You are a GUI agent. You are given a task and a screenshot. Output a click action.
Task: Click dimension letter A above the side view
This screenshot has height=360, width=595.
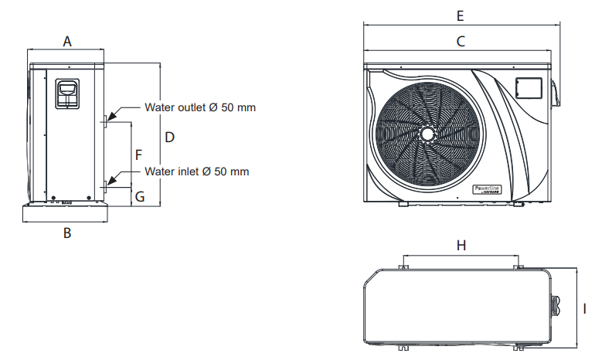(x=67, y=42)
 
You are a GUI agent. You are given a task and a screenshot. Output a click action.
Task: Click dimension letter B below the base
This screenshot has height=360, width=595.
(x=67, y=233)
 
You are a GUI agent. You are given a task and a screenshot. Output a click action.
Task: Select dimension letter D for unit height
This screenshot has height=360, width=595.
(x=170, y=137)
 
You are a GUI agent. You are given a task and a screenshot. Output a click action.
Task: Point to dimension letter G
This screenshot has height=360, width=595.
(x=140, y=197)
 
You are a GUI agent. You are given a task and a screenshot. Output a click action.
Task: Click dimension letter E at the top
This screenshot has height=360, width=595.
(x=461, y=15)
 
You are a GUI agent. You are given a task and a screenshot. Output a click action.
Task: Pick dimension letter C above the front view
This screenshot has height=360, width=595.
(x=461, y=42)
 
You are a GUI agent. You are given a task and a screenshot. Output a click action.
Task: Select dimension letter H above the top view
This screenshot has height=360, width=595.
(x=461, y=245)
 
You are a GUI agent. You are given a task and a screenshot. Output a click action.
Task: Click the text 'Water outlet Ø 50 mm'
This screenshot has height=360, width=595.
(x=200, y=107)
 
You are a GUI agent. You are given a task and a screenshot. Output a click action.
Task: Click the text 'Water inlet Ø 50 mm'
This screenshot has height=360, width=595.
(x=197, y=171)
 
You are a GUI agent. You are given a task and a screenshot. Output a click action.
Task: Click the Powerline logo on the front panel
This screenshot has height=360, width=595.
(x=486, y=189)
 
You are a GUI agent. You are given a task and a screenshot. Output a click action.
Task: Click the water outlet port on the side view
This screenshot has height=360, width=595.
(x=106, y=120)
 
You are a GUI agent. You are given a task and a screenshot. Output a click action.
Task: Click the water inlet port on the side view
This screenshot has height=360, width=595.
(x=106, y=184)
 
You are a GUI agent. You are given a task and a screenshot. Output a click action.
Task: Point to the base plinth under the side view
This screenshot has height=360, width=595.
(x=66, y=212)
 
